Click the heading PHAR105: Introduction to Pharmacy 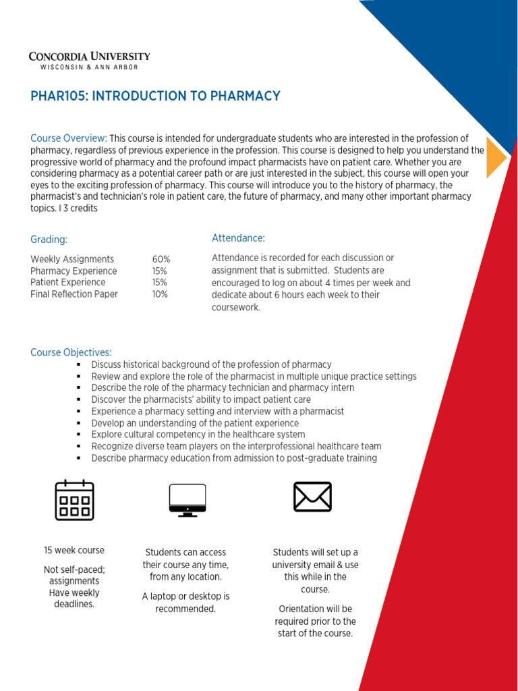click(155, 96)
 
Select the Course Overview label click(68, 138)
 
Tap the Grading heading click(49, 240)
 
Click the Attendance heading click(238, 238)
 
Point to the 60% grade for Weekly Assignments click(161, 259)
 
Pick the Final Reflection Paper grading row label click(74, 294)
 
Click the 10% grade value click(160, 294)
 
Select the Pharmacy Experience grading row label click(74, 271)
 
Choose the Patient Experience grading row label click(68, 282)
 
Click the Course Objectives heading click(71, 352)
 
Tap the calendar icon click(74, 499)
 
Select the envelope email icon click(312, 497)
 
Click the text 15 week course click(74, 550)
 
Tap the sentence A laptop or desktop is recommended click(185, 603)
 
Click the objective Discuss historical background click(211, 364)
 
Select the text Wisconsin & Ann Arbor click(89, 67)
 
